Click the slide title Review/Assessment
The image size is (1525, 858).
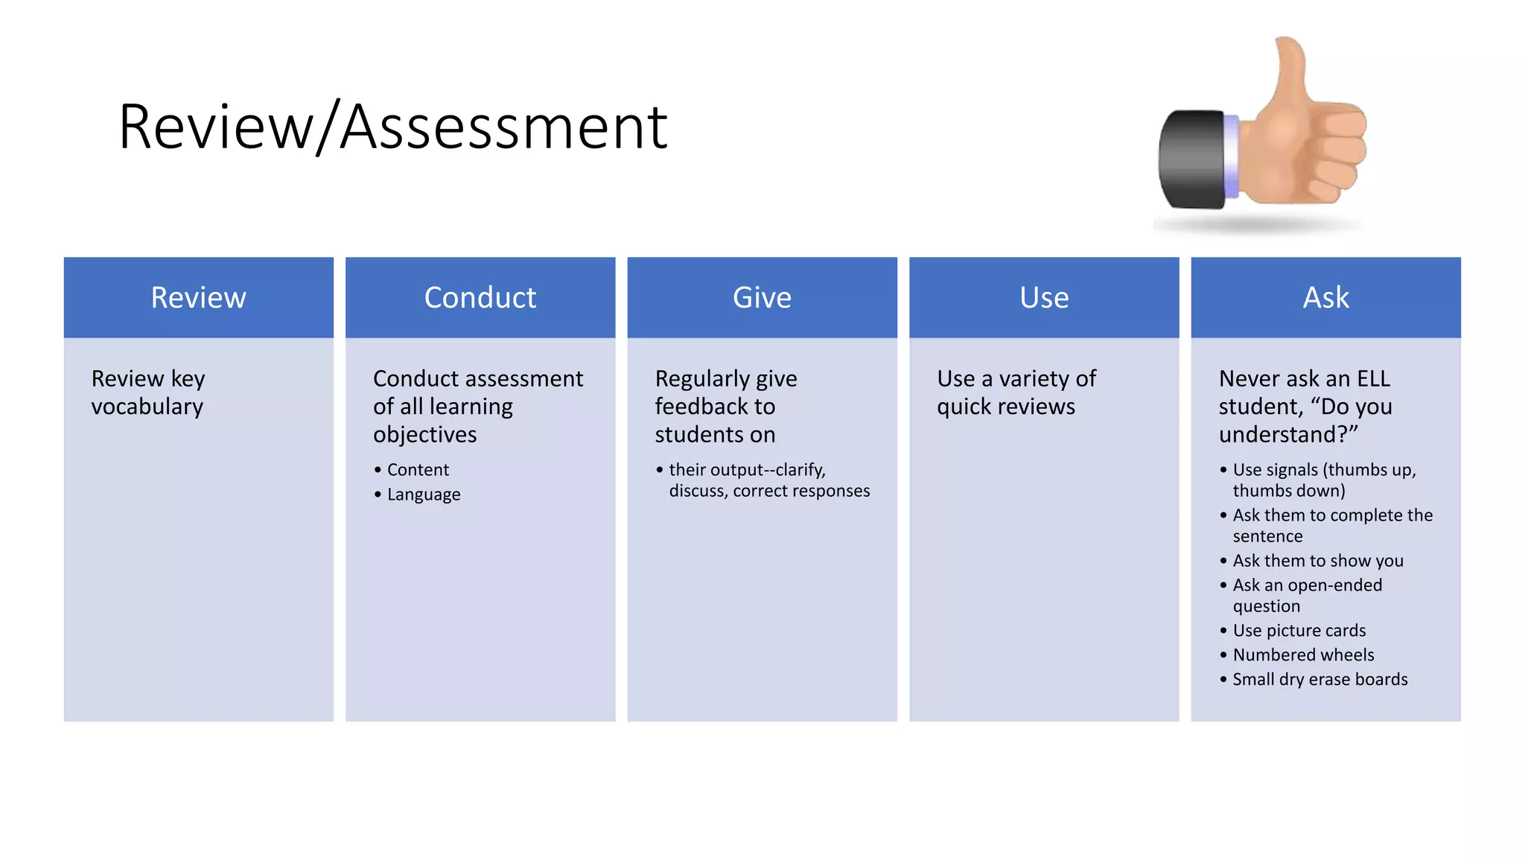coord(392,127)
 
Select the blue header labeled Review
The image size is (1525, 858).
coord(198,298)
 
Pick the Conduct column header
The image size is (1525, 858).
coord(480,298)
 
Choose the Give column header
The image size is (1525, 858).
coord(762,298)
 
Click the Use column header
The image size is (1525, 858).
coord(1044,298)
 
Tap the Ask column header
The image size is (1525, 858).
coord(1325,298)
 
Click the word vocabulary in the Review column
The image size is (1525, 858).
coord(147,407)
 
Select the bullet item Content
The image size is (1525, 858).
coord(418,470)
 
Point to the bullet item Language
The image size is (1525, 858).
coord(424,495)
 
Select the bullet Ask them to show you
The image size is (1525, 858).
coord(1318,561)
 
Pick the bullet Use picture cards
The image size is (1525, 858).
coord(1299,631)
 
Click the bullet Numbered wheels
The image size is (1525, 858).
coord(1303,655)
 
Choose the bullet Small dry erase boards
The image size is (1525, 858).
coord(1320,679)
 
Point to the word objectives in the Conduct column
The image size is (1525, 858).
coord(425,435)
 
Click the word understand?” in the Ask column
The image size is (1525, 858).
coord(1288,435)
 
